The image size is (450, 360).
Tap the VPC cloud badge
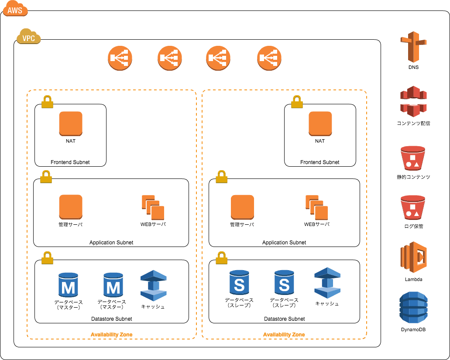tap(28, 38)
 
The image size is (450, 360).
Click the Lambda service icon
tap(413, 257)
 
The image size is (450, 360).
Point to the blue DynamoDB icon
tap(413, 308)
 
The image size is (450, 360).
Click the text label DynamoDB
tap(413, 329)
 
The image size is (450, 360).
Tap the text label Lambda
tap(413, 279)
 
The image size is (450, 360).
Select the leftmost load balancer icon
tap(120, 58)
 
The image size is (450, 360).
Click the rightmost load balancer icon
tap(269, 58)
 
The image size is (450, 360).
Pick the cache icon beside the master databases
tap(153, 286)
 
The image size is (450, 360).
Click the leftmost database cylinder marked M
tap(68, 285)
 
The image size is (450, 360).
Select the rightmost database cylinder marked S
tap(284, 282)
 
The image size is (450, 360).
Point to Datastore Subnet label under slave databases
tap(284, 319)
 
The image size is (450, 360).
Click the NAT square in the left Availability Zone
tap(71, 123)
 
